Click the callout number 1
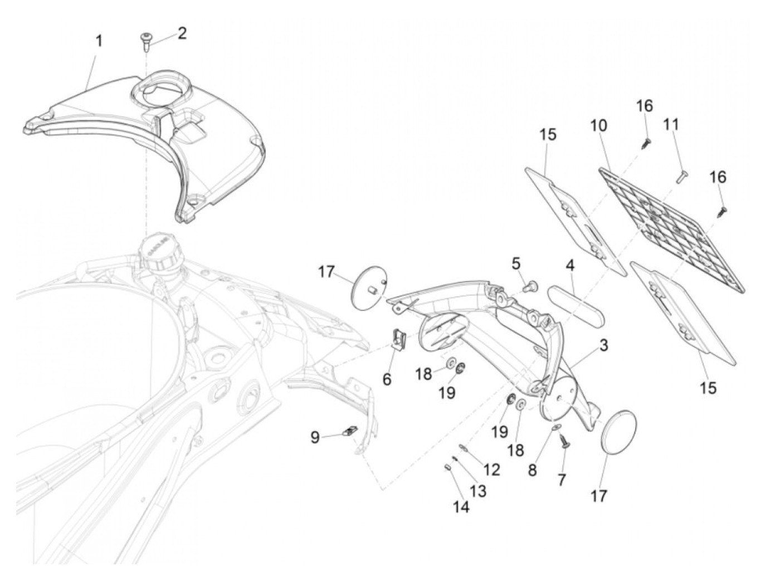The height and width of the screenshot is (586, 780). [99, 41]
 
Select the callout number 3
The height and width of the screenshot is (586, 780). [603, 346]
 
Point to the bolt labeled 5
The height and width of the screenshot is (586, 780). [532, 286]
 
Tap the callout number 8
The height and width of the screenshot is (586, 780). [532, 470]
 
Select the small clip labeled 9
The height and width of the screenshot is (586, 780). [349, 431]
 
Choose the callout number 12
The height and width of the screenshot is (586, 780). [492, 470]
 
